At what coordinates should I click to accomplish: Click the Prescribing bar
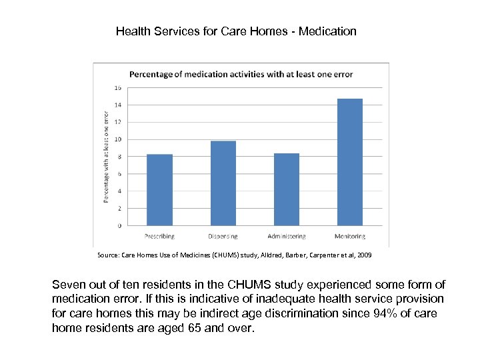[159, 190]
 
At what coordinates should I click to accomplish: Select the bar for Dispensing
[223, 183]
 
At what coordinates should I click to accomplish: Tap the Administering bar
[287, 189]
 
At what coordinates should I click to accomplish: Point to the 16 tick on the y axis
[118, 87]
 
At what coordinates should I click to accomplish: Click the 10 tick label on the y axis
[118, 139]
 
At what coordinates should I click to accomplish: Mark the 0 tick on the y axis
[119, 225]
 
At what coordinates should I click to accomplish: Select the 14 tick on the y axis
[118, 105]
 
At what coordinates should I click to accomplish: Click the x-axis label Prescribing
[159, 237]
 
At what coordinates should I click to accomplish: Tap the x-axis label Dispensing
[223, 237]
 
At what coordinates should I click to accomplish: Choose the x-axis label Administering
[287, 237]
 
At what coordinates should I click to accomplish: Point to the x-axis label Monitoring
[350, 237]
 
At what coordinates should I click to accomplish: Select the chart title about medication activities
[241, 74]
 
